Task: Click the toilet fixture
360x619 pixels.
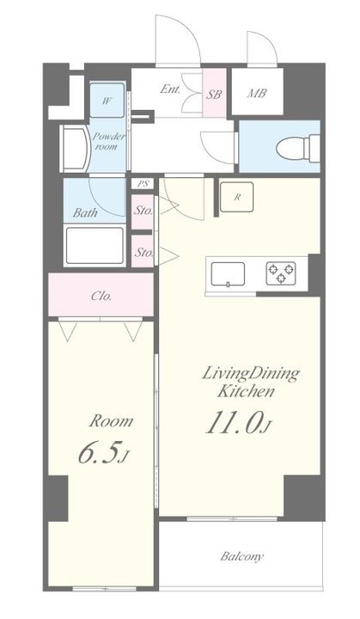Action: [x=298, y=148]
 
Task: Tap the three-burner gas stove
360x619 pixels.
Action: [x=281, y=273]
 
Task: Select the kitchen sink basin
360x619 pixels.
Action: [x=228, y=273]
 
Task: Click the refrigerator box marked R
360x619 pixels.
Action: [x=237, y=198]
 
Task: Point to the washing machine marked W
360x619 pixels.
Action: [x=107, y=101]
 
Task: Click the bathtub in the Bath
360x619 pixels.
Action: [x=95, y=246]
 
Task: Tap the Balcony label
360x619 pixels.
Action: [x=241, y=557]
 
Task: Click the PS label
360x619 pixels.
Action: [x=142, y=184]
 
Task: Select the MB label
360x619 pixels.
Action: [x=257, y=94]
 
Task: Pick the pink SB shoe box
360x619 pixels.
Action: [x=215, y=93]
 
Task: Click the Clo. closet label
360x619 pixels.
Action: [x=101, y=296]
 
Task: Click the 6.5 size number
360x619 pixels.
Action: [x=103, y=455]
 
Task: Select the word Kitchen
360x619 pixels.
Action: [x=246, y=392]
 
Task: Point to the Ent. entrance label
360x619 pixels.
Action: [x=170, y=89]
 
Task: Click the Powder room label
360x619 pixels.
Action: [x=108, y=141]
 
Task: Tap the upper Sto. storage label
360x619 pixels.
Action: [x=143, y=211]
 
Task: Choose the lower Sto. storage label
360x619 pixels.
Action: [x=143, y=252]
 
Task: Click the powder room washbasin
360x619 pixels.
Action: [x=74, y=150]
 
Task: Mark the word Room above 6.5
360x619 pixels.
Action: [x=112, y=421]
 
